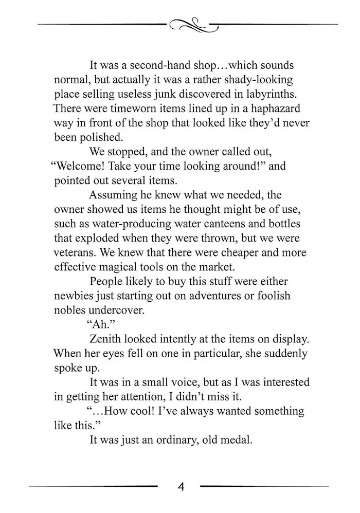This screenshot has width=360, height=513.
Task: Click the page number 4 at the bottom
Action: (x=181, y=486)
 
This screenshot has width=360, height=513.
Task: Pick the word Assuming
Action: (x=113, y=195)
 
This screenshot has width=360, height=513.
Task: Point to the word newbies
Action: (x=73, y=296)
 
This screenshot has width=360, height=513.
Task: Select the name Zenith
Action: (x=106, y=339)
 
